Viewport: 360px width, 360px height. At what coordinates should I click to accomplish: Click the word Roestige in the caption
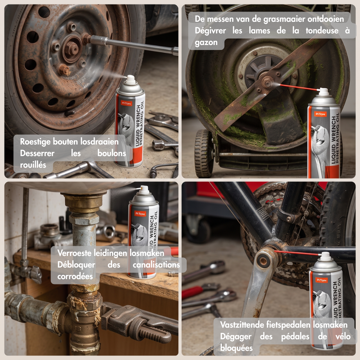36,142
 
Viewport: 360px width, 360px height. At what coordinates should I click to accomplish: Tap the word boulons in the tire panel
111,153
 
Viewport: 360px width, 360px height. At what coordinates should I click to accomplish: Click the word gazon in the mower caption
206,43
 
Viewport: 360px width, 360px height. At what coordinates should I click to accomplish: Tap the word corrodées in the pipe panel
75,276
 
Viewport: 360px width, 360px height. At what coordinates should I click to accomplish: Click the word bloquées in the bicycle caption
236,348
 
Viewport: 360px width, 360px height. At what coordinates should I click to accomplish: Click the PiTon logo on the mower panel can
320,114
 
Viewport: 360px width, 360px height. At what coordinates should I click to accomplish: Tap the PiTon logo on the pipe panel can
140,214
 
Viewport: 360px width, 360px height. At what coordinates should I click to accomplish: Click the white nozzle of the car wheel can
130,80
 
